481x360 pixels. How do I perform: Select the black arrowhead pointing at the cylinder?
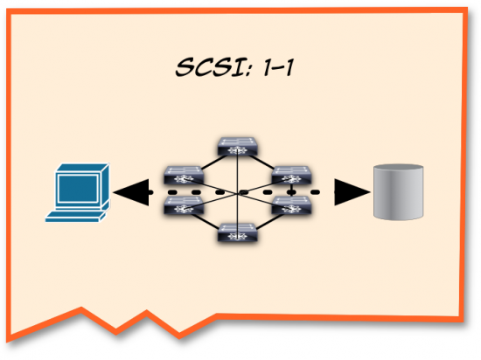(350, 190)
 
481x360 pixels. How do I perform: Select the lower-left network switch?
(185, 206)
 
